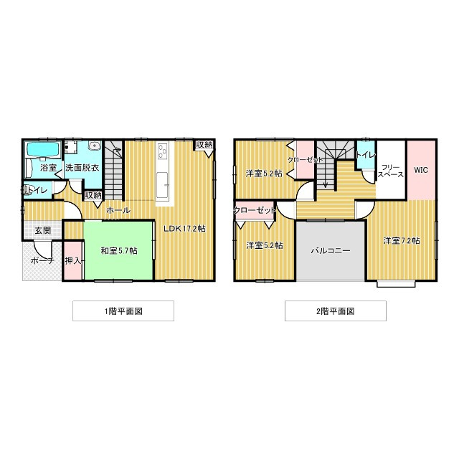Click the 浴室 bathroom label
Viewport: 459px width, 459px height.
pyautogui.click(x=49, y=168)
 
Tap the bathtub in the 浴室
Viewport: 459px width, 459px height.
pyautogui.click(x=43, y=150)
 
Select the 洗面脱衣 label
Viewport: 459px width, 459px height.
pyautogui.click(x=82, y=168)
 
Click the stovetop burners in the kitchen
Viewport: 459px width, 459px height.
pyautogui.click(x=163, y=151)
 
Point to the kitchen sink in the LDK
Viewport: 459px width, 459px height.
pyautogui.click(x=162, y=185)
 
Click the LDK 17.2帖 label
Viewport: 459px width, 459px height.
pyautogui.click(x=184, y=229)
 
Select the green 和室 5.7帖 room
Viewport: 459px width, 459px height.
pyautogui.click(x=118, y=250)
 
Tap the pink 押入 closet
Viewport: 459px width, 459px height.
pyautogui.click(x=73, y=260)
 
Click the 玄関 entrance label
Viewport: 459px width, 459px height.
pyautogui.click(x=43, y=230)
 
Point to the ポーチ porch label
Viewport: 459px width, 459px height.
pyautogui.click(x=42, y=260)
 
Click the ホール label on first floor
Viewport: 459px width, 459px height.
pyautogui.click(x=118, y=210)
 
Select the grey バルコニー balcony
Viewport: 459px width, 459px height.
pyautogui.click(x=331, y=251)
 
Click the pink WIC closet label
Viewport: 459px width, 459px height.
pyautogui.click(x=421, y=170)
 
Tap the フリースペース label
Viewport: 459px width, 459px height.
pyautogui.click(x=391, y=171)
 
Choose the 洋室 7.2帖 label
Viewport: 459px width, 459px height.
pyautogui.click(x=402, y=241)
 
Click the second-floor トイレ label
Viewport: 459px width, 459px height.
pyautogui.click(x=366, y=155)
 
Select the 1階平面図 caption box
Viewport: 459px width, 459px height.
pyautogui.click(x=123, y=311)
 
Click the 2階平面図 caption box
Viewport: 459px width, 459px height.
pyautogui.click(x=336, y=311)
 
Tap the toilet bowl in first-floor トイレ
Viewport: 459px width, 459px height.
pyautogui.click(x=28, y=190)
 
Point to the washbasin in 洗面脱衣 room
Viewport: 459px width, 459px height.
pyautogui.click(x=95, y=146)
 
